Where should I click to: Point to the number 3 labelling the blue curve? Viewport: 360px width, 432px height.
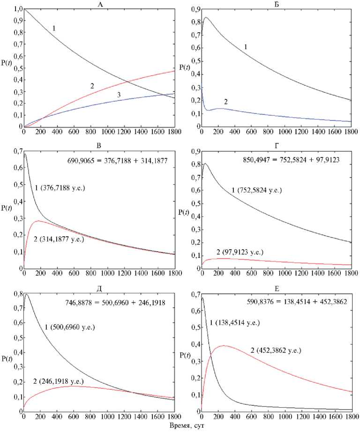(x=119, y=95)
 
